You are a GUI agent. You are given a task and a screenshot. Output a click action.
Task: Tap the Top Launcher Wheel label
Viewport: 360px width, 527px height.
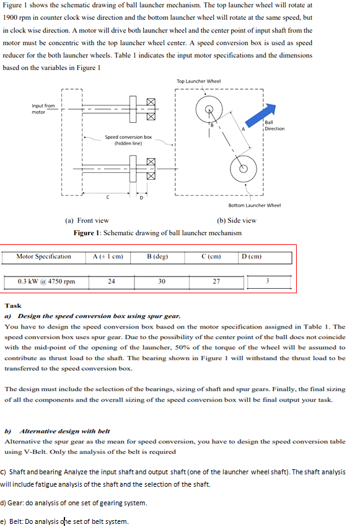point(198,81)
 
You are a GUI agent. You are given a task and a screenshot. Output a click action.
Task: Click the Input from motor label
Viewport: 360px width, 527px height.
point(43,108)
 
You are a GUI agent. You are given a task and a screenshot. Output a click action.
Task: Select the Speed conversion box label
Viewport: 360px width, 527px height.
point(128,139)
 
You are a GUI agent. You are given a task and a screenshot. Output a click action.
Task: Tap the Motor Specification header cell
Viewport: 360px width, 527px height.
point(43,257)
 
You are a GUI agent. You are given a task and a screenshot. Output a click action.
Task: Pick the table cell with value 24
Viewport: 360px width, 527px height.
point(112,281)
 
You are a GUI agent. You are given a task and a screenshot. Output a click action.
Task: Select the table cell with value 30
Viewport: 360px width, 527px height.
point(162,281)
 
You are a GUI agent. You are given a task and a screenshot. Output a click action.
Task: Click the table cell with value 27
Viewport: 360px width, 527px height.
point(216,281)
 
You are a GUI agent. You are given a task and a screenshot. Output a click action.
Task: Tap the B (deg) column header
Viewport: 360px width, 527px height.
point(158,256)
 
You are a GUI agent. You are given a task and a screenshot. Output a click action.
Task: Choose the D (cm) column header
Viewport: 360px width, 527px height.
point(252,256)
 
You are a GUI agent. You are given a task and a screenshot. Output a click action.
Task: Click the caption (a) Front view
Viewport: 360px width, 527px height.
point(87,220)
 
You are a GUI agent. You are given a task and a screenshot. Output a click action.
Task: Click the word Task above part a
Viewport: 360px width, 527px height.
point(12,306)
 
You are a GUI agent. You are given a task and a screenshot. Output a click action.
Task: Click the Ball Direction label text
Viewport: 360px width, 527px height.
point(274,126)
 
